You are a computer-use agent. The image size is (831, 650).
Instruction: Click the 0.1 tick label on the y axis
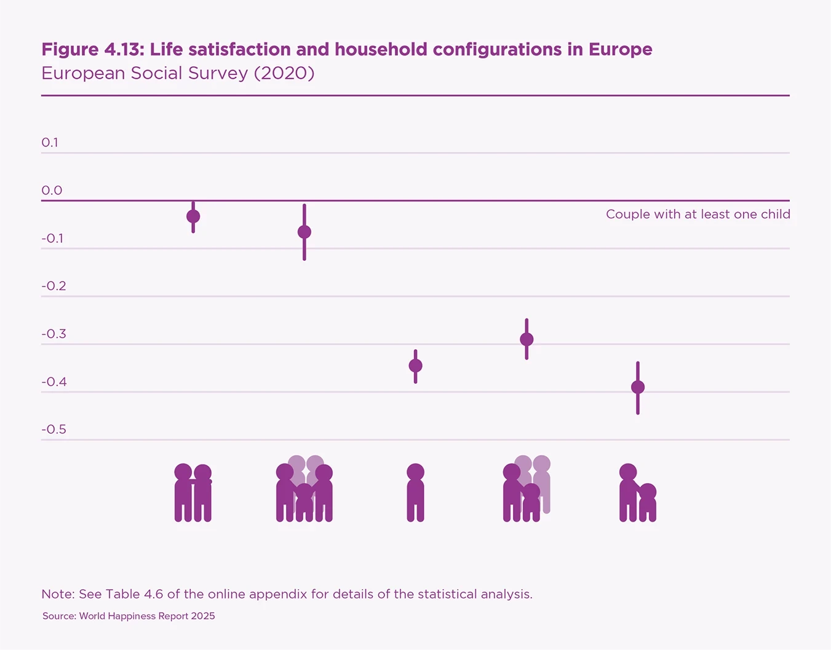pos(50,143)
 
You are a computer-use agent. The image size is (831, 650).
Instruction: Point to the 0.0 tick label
pos(52,191)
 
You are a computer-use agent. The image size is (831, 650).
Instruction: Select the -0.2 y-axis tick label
pos(54,286)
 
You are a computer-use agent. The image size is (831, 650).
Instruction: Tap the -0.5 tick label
pos(54,429)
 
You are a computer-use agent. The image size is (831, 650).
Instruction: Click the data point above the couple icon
pos(193,216)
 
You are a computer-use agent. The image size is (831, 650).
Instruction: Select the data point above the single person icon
pos(416,366)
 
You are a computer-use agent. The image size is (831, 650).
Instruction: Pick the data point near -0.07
pos(304,232)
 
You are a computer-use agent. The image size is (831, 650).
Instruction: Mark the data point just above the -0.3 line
pos(527,339)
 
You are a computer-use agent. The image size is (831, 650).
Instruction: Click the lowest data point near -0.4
pos(638,387)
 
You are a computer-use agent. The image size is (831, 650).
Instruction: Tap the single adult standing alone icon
pos(416,493)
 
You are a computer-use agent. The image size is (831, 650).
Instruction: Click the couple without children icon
pos(193,493)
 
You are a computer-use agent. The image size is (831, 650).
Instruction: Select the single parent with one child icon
pos(637,493)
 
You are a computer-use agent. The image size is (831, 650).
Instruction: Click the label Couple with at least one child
pos(698,215)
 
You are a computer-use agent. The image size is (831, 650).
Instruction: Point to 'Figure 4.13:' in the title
pos(92,49)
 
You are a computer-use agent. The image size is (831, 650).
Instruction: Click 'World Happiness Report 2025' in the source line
pos(147,616)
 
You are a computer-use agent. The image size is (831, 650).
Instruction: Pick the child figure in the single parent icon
pos(648,502)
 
